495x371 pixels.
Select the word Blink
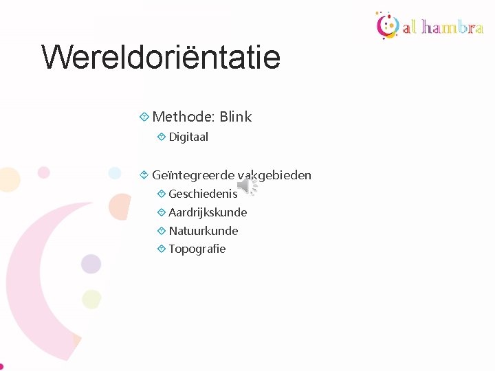(236, 117)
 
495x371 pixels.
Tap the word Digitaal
(188, 137)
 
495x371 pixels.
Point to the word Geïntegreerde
(193, 175)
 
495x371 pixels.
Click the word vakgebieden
(275, 175)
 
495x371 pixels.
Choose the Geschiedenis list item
(203, 194)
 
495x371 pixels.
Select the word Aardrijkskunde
(208, 212)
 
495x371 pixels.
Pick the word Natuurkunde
(203, 231)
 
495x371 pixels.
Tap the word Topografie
(197, 249)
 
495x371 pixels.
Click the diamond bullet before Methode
(144, 117)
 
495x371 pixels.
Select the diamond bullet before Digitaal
(161, 137)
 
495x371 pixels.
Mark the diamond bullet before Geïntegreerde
(144, 175)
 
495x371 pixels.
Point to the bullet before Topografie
(161, 249)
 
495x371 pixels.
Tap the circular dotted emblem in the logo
(387, 25)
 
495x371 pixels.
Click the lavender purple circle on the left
(91, 264)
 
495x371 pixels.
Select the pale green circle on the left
(91, 299)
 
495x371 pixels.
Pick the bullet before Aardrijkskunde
(161, 212)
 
